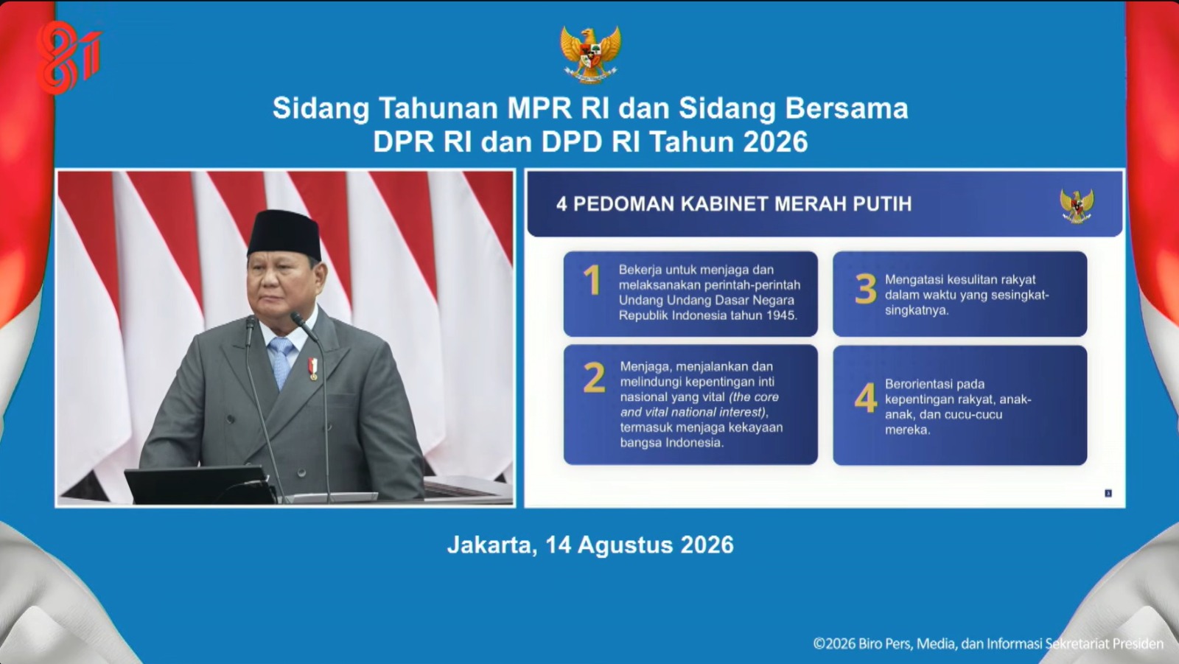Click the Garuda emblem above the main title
point(590,55)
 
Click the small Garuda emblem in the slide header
point(1077,205)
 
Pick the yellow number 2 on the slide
point(594,377)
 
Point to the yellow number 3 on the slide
point(866,289)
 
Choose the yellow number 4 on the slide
point(866,397)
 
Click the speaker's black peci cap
point(284,234)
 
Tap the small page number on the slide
point(1108,493)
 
